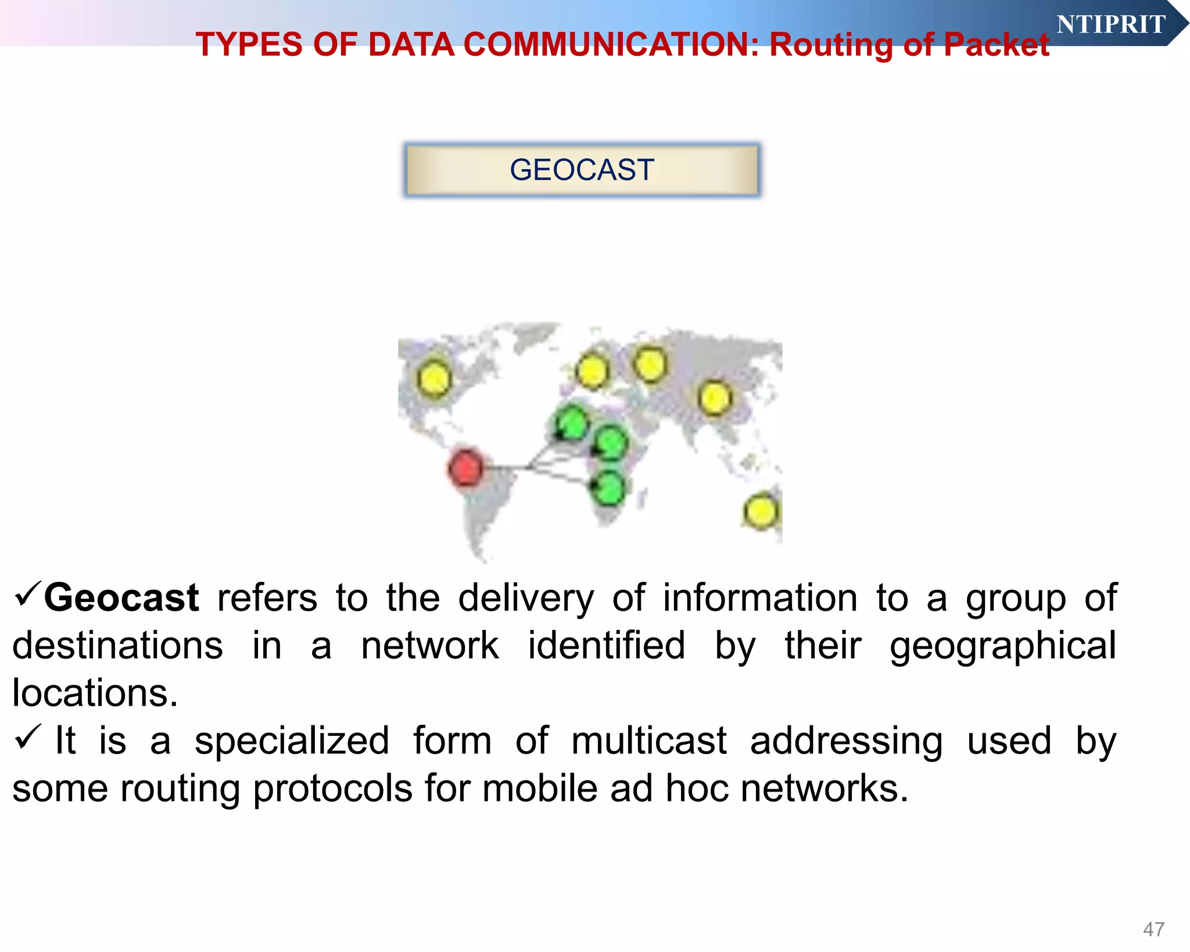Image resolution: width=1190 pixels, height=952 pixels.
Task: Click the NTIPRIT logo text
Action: pyautogui.click(x=1110, y=24)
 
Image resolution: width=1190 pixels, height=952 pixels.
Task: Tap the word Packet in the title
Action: pyautogui.click(x=996, y=45)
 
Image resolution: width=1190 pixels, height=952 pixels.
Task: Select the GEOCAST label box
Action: pyautogui.click(x=582, y=170)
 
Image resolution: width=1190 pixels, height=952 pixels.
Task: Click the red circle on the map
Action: pyautogui.click(x=465, y=467)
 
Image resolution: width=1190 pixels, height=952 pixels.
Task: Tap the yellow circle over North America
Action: pyautogui.click(x=433, y=378)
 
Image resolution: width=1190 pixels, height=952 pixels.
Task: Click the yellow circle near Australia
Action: pyautogui.click(x=760, y=511)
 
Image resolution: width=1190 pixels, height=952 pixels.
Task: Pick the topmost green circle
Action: pyautogui.click(x=572, y=423)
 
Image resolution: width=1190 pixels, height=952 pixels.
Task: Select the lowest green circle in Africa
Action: pyautogui.click(x=608, y=488)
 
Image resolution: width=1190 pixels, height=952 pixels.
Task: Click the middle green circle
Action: pyautogui.click(x=611, y=443)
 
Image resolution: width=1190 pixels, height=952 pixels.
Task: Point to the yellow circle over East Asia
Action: pyautogui.click(x=714, y=398)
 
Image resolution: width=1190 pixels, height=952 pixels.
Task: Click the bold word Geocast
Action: pyautogui.click(x=121, y=597)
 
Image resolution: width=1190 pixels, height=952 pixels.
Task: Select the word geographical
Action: pyautogui.click(x=1003, y=646)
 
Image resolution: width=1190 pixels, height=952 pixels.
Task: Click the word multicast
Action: pyautogui.click(x=648, y=741)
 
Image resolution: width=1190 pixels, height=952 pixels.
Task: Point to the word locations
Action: pyautogui.click(x=95, y=693)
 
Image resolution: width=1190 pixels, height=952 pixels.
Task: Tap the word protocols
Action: pyautogui.click(x=332, y=789)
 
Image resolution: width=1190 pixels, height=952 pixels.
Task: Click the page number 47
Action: pyautogui.click(x=1153, y=929)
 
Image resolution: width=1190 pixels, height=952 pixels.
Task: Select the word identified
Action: pyautogui.click(x=607, y=645)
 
